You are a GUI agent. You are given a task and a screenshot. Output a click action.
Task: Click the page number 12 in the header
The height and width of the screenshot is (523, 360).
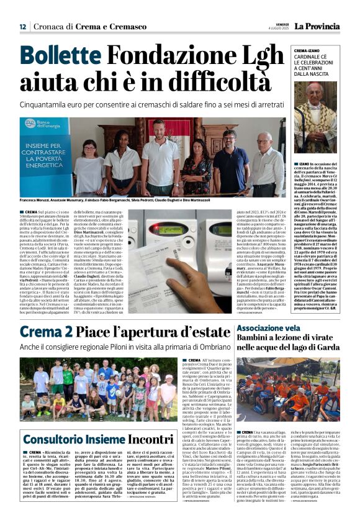tap(22, 27)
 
